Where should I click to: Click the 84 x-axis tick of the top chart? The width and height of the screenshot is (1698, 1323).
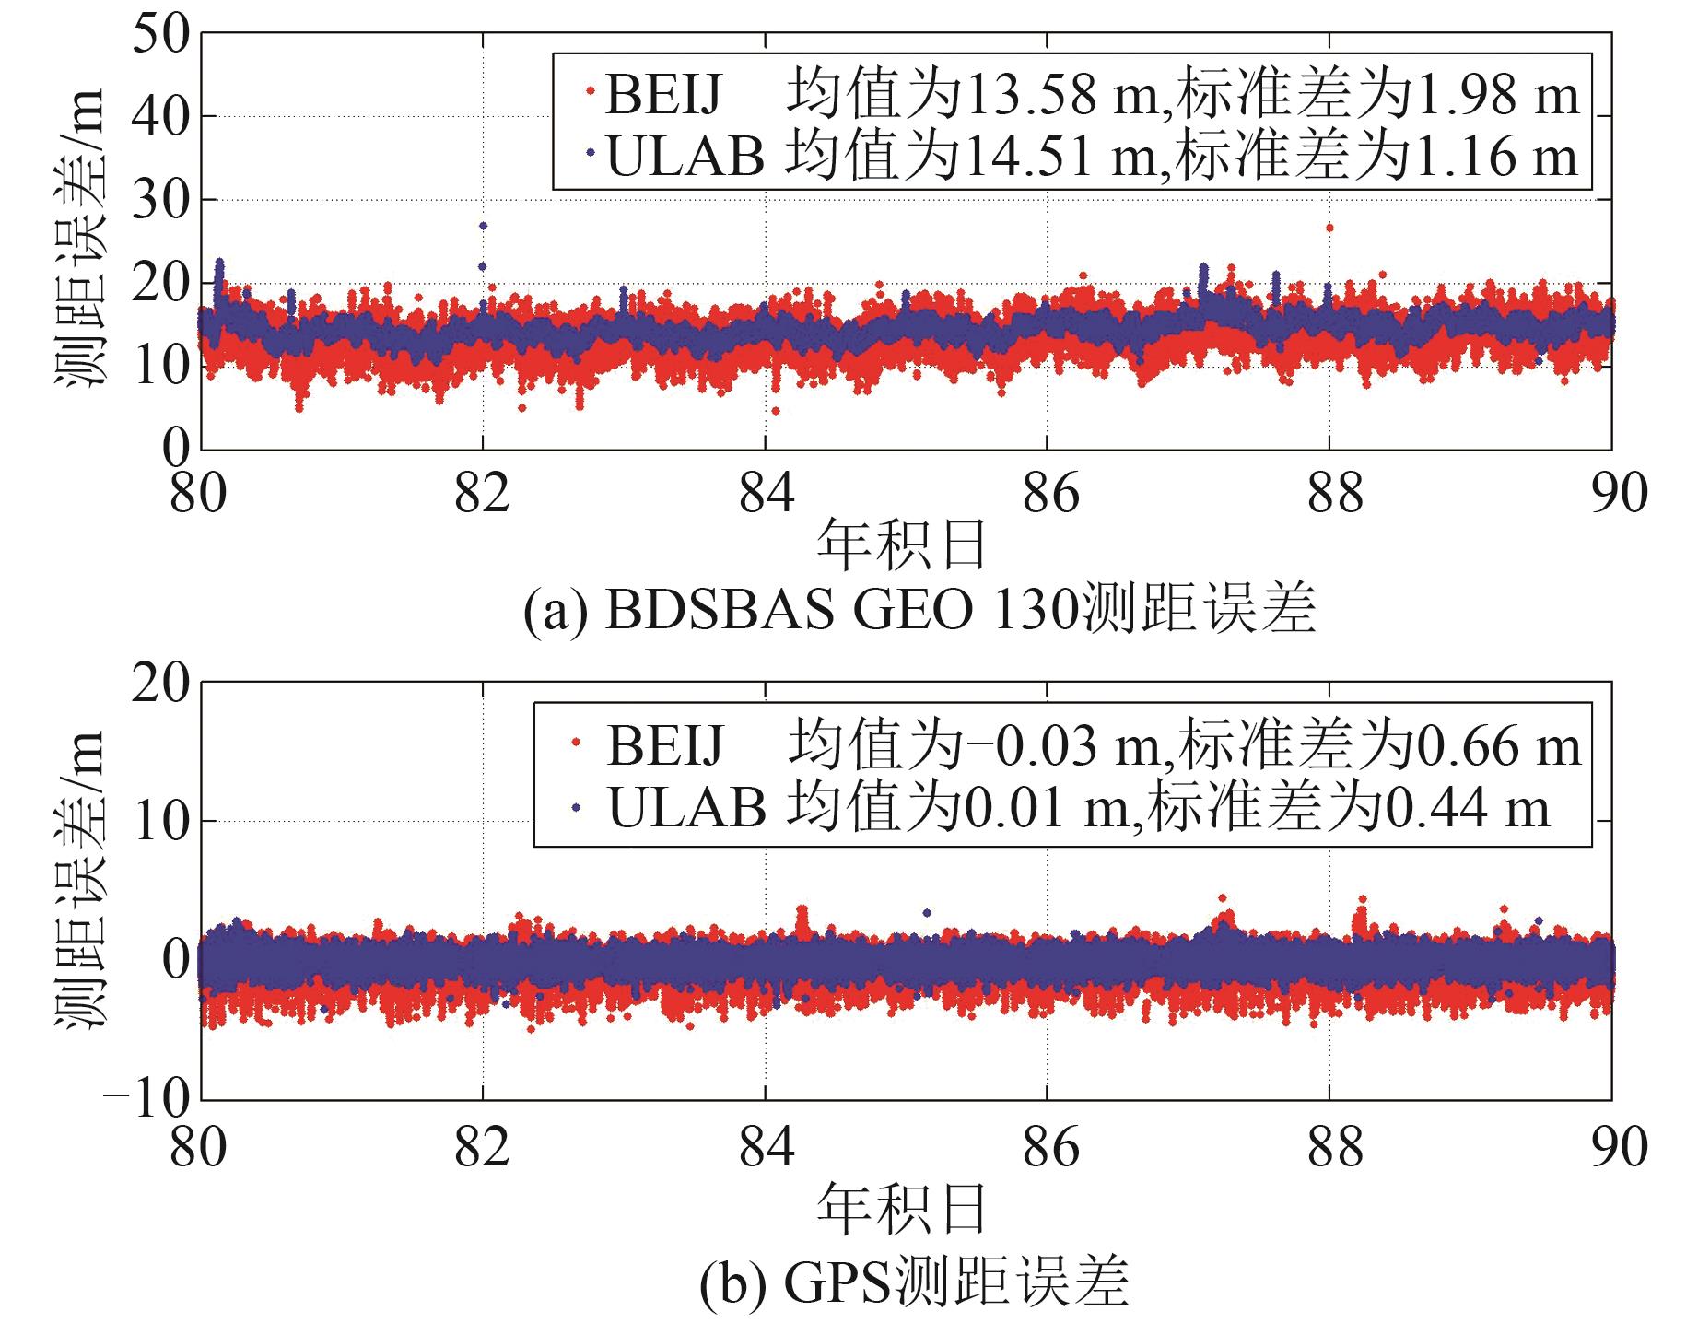[766, 493]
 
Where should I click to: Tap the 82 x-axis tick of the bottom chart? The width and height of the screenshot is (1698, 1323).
[482, 1146]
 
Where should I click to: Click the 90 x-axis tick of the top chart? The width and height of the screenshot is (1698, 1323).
[1611, 493]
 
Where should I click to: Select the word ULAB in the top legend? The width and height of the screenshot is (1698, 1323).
[685, 156]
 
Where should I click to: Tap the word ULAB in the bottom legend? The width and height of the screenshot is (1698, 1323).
[686, 808]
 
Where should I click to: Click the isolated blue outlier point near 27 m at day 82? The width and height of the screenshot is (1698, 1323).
[483, 226]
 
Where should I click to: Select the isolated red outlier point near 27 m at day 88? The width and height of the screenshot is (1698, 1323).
[1329, 228]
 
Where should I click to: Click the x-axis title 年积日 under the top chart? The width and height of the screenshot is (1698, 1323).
[902, 545]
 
